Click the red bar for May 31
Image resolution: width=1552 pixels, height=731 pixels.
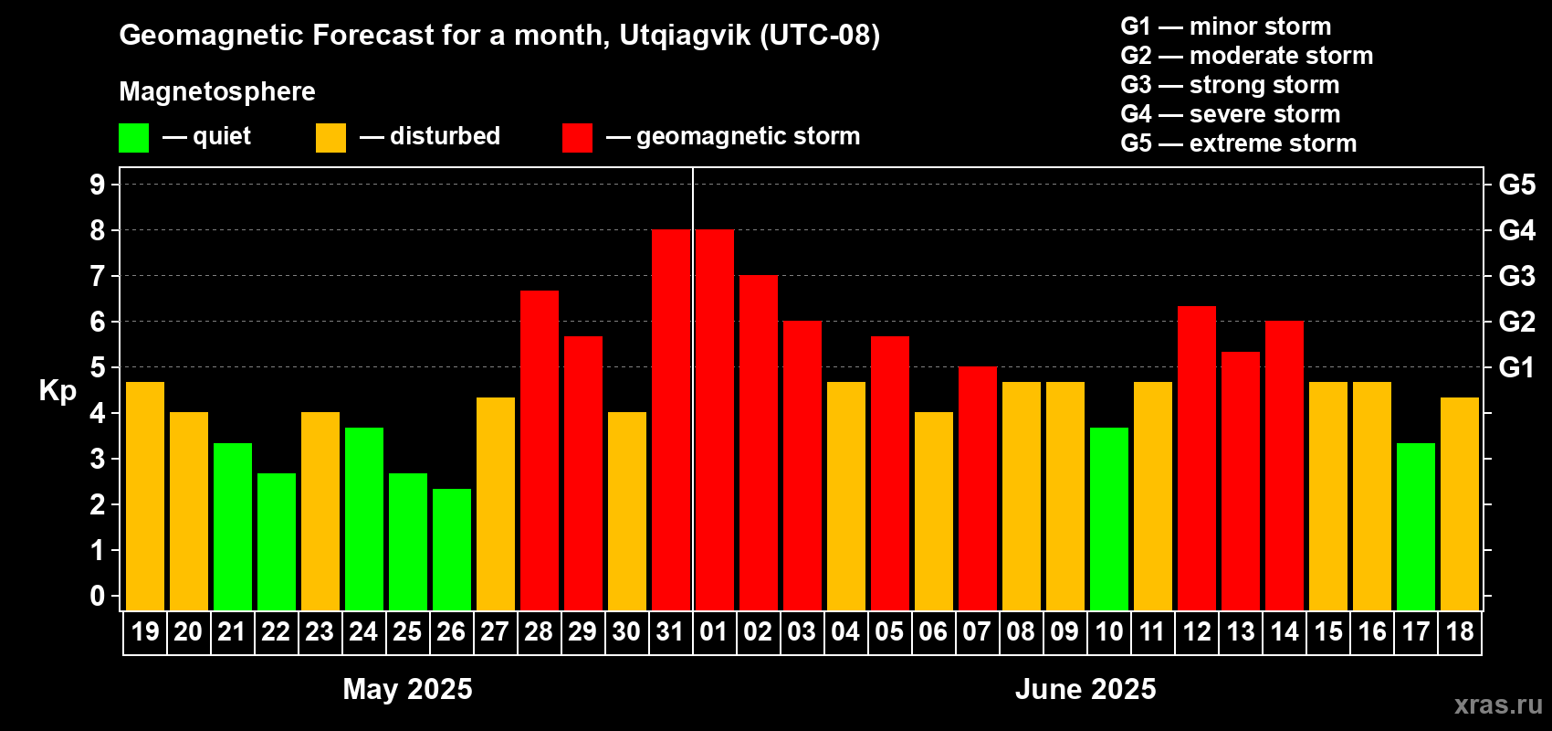point(671,420)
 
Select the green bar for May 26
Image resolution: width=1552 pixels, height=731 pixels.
point(452,549)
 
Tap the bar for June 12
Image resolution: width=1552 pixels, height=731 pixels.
point(1197,458)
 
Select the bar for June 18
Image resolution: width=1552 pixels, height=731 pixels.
point(1460,503)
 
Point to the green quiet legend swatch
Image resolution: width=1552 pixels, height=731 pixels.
point(134,138)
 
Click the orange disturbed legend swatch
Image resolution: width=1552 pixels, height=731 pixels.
point(330,138)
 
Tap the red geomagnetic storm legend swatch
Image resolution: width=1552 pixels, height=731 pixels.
point(577,138)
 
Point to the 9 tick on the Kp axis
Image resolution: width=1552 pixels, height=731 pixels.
point(98,185)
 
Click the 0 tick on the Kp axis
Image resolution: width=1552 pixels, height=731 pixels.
point(98,597)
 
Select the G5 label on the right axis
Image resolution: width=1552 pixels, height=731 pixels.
point(1516,185)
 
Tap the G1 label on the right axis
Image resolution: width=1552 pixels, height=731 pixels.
point(1516,367)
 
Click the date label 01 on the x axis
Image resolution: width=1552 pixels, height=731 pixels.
point(714,631)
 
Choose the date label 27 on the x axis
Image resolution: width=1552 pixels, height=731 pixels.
point(495,631)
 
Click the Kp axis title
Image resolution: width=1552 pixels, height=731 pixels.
point(58,391)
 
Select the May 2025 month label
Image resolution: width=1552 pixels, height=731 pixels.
point(407,689)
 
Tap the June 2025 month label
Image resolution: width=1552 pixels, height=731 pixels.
point(1085,689)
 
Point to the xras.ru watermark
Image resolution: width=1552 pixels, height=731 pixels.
point(1498,705)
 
